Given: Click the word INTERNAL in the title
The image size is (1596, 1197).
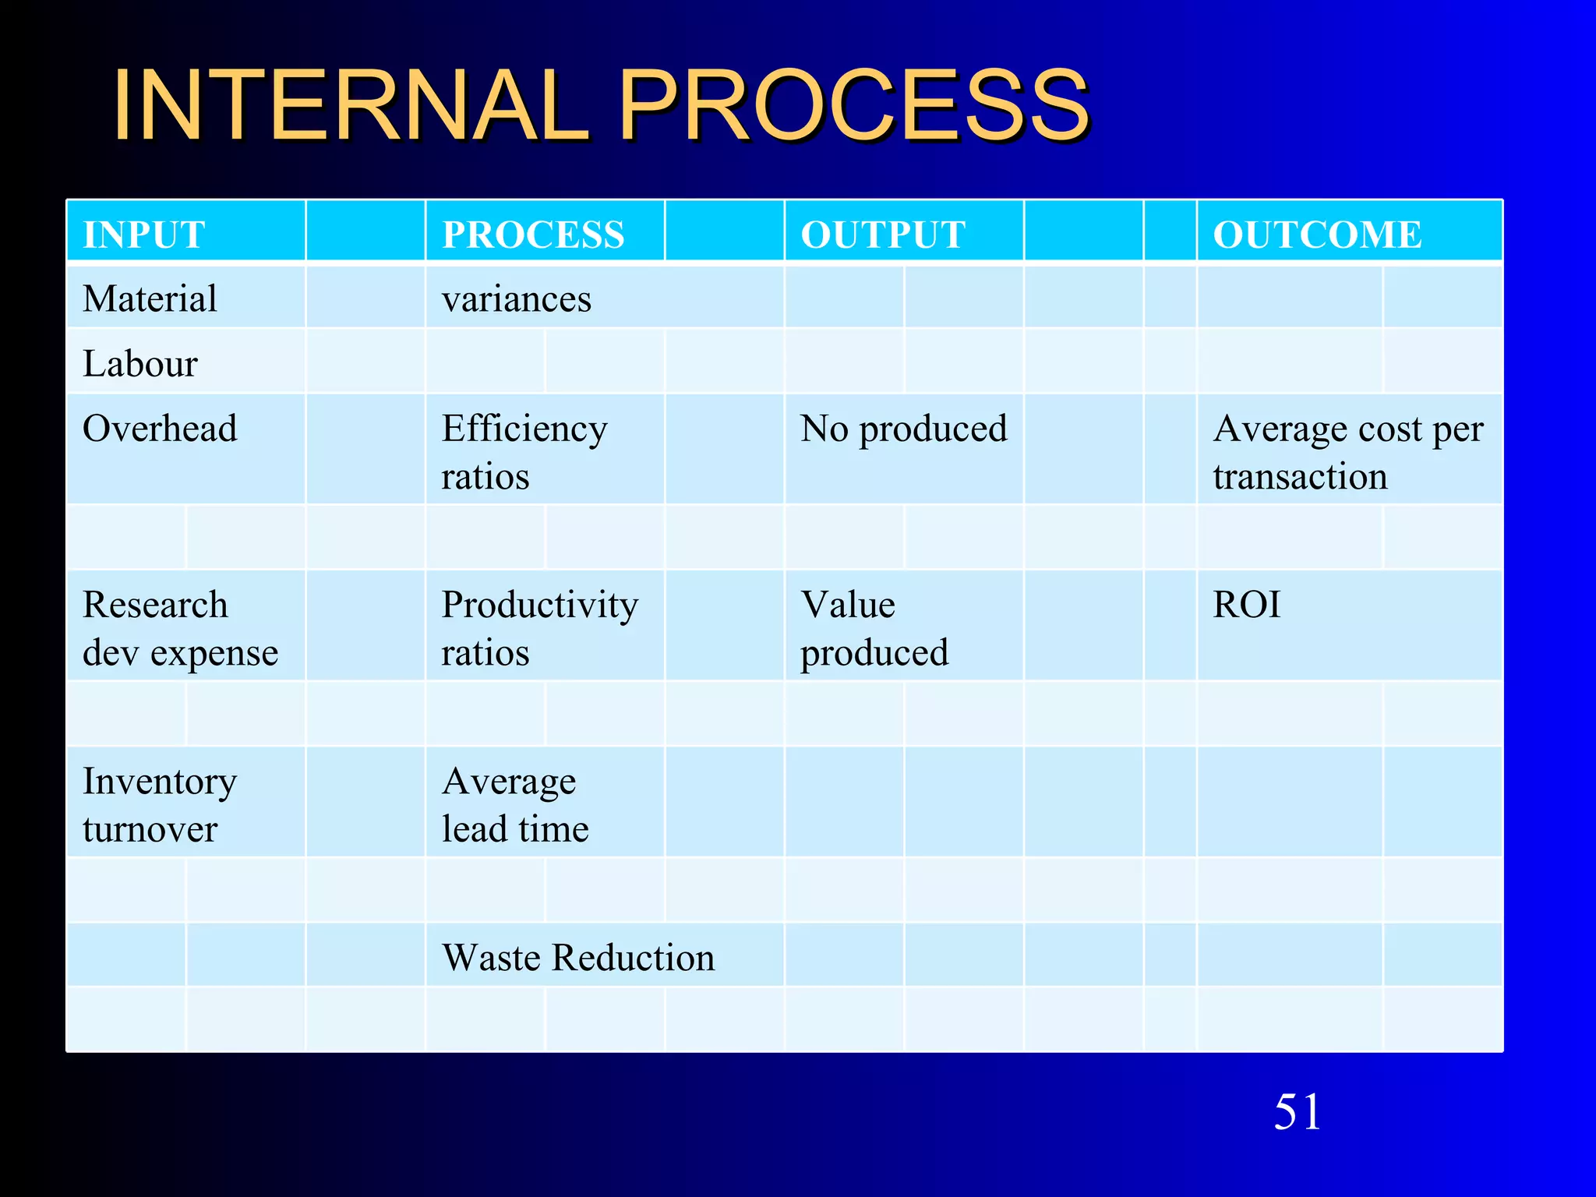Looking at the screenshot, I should pos(351,105).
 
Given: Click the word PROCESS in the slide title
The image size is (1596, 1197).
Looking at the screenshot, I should pos(853,105).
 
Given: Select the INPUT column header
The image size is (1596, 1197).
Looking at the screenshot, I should pos(144,235).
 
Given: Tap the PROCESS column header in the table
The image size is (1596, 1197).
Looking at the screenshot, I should pos(534,235).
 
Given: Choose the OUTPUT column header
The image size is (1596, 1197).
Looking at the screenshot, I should pos(883,235).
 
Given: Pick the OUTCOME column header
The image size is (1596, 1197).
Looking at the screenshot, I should pos(1317,235).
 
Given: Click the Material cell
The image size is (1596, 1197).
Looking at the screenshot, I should pos(150,298).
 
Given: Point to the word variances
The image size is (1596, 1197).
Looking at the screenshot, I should pos(517,299).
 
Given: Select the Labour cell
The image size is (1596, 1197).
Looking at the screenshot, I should pos(140,363).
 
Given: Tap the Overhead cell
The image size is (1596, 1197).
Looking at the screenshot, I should pos(160,429).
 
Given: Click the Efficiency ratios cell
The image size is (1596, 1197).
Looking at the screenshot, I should pos(524,452).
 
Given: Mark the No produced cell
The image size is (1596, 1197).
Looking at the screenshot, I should pos(904,429).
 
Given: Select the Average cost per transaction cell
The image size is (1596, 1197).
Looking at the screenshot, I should pos(1348,452).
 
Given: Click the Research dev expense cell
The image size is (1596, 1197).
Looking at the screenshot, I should pos(180,628).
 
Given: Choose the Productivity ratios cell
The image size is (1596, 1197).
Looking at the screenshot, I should pos(539,628).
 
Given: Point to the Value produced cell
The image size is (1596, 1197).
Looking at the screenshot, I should pos(874,628).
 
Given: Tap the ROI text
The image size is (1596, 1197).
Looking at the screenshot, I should pos(1247,605).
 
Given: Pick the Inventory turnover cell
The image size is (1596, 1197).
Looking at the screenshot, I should pos(160,804).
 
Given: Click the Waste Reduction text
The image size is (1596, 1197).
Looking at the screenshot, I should pos(578,957).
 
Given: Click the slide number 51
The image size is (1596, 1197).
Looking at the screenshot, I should pos(1298,1111).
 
